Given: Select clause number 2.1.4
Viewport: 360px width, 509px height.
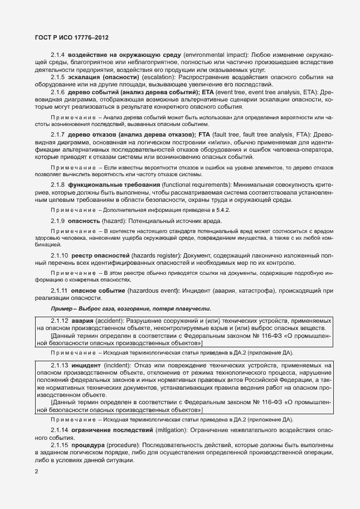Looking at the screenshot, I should click(x=58, y=56).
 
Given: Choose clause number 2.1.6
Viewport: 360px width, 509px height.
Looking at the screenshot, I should click(x=58, y=91).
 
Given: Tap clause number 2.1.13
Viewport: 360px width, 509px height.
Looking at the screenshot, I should click(x=59, y=365).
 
